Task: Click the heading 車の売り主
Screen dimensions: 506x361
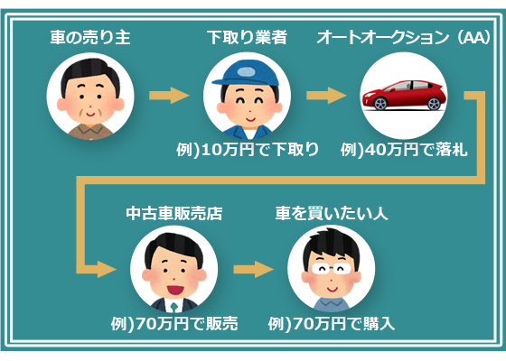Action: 90,37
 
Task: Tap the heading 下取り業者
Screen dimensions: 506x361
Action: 248,37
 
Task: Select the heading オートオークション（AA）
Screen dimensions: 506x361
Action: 403,37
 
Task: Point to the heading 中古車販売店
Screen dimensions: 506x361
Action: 174,213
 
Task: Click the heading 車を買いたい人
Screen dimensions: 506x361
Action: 332,213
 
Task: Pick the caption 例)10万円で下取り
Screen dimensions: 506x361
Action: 248,149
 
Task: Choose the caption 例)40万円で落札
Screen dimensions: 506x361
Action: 404,149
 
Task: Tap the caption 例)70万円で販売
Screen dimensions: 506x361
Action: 174,324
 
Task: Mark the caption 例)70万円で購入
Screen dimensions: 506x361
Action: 332,324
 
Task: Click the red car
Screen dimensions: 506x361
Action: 404,95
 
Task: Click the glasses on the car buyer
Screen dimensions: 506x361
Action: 332,268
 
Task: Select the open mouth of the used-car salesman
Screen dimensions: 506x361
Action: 175,290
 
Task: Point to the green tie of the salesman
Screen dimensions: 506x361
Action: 174,307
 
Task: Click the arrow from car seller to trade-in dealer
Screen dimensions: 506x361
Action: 169,96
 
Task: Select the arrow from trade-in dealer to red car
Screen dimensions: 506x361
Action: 326,96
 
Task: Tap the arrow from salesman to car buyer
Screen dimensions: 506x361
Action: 253,269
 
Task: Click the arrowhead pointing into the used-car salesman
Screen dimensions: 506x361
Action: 107,269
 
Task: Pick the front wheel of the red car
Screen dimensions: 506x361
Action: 380,104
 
